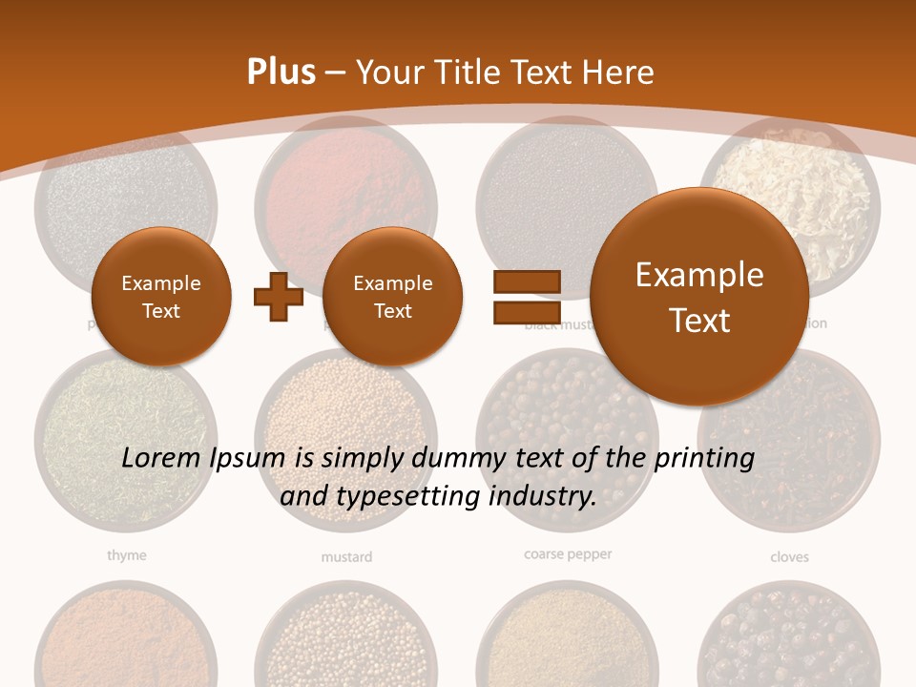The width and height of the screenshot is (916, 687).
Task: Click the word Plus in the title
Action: tap(281, 73)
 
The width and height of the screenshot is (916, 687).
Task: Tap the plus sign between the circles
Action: tap(278, 297)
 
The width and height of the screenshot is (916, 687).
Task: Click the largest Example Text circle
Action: tap(699, 297)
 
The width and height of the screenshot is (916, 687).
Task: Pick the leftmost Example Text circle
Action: tap(160, 297)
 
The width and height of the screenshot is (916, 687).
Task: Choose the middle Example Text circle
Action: tap(392, 297)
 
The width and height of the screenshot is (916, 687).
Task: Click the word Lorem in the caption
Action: tap(161, 458)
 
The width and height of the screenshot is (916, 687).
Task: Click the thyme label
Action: tap(126, 554)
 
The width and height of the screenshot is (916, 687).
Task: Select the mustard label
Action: tap(346, 556)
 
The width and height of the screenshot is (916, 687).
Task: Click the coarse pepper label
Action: tap(568, 553)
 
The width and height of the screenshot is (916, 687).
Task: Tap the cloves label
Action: tap(789, 556)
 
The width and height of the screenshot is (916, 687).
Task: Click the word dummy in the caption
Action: tap(459, 458)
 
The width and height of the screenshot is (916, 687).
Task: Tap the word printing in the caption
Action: tap(704, 458)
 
